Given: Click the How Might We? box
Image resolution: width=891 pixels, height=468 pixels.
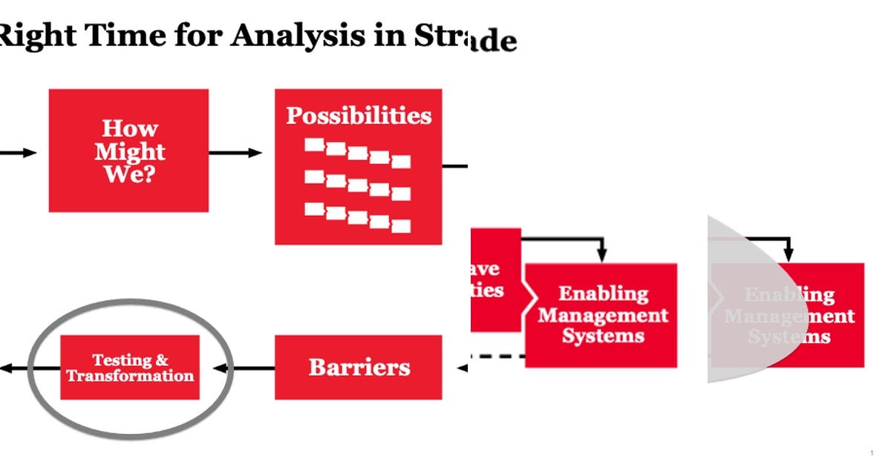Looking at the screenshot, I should click(x=128, y=151).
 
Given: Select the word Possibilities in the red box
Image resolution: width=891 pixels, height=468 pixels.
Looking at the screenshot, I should click(x=359, y=116).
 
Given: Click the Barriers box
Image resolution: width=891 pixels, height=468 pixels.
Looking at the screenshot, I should click(x=359, y=367).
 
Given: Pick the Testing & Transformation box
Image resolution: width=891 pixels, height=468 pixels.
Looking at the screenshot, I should click(x=130, y=367).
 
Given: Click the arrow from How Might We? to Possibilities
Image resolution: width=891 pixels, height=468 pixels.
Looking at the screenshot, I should click(x=235, y=153).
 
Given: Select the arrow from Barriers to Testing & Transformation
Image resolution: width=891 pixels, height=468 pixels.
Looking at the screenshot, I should click(x=244, y=367).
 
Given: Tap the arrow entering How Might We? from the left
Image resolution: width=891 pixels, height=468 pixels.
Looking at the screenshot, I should click(x=19, y=153).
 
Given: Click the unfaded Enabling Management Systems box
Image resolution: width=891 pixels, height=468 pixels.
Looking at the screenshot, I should click(x=601, y=315).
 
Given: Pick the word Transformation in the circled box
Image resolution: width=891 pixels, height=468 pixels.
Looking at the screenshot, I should click(x=130, y=376).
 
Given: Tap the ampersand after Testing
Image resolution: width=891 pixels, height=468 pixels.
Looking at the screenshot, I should click(x=161, y=361).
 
